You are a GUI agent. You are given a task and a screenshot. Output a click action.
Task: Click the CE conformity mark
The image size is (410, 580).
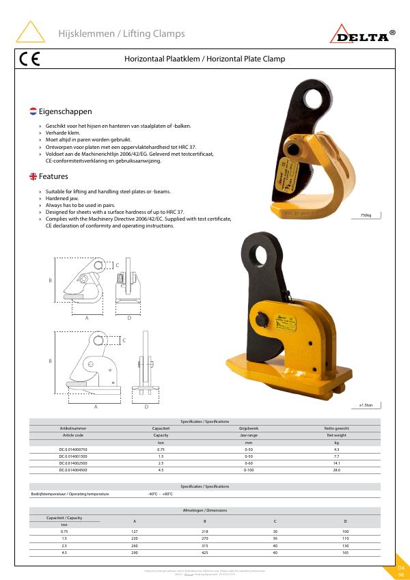[29, 59]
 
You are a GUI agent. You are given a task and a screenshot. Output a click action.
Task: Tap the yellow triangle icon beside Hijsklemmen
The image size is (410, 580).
[30, 33]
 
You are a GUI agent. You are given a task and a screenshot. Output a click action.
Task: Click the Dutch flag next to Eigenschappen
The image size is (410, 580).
[33, 111]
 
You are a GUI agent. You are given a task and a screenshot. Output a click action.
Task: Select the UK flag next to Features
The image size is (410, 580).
[33, 176]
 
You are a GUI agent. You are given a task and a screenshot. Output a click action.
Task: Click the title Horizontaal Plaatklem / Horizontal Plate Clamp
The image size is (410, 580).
[204, 59]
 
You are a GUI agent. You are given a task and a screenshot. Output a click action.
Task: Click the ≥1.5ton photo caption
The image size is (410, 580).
[366, 405]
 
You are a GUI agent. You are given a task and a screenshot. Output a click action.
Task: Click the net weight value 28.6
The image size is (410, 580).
[336, 470]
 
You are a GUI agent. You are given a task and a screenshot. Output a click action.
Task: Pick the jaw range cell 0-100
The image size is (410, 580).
[248, 470]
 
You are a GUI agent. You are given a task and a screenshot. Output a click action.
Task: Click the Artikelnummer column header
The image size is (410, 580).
[73, 428]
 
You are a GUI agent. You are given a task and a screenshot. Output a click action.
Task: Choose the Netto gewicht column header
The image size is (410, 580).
[336, 428]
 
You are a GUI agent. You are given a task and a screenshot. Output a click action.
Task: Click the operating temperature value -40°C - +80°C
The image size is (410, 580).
[161, 494]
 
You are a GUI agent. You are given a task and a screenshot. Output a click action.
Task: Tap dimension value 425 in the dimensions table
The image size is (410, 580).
[204, 552]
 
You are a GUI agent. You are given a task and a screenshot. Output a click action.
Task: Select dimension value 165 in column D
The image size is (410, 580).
[345, 552]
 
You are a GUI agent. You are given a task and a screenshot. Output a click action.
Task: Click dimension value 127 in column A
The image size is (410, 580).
[135, 531]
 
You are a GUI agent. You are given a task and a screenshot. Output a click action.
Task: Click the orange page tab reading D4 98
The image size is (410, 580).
[401, 571]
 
